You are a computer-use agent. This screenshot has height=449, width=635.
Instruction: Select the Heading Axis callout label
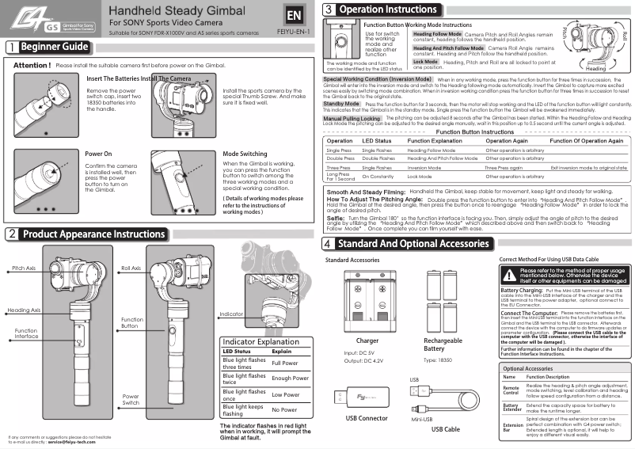pyautogui.click(x=24, y=310)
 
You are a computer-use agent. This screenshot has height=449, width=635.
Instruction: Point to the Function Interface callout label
pyautogui.click(x=25, y=333)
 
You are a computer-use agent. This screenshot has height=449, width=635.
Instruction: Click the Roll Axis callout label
pyautogui.click(x=131, y=268)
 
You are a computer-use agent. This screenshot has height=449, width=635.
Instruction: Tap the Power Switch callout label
pyautogui.click(x=131, y=398)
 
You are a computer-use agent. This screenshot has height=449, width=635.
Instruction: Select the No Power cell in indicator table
pyautogui.click(x=285, y=409)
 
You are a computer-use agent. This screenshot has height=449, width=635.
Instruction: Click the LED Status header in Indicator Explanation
pyautogui.click(x=237, y=350)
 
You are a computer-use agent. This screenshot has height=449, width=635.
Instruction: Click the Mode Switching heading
pyautogui.click(x=245, y=154)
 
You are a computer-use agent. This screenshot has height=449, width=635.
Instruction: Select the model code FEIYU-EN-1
pyautogui.click(x=294, y=33)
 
